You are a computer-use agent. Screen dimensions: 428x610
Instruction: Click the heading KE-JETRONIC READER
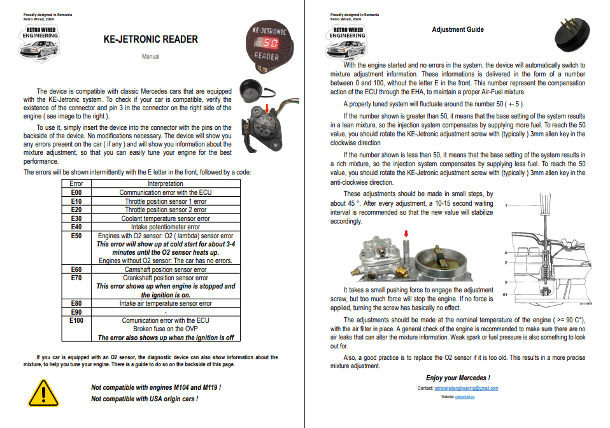150,39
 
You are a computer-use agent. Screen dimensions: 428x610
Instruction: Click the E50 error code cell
76,236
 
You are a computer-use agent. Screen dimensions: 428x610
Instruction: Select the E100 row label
76,320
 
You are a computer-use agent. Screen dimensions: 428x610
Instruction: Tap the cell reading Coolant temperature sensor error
166,218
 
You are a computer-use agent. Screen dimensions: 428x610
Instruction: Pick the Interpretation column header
166,183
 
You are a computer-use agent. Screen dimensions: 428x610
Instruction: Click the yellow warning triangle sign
43,392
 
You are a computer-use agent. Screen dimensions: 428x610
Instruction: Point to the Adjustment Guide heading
457,29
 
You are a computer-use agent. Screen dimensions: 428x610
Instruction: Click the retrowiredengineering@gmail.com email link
466,388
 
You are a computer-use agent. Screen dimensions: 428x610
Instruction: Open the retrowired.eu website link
466,396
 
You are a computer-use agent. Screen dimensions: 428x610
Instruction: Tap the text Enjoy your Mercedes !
458,378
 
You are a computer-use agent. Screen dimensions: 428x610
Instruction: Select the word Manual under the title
150,57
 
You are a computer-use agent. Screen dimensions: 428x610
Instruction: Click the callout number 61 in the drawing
506,295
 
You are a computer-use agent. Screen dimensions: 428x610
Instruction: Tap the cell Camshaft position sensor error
166,269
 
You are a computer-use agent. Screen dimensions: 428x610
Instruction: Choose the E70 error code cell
76,278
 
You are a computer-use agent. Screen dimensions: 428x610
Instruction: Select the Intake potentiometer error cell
166,227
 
